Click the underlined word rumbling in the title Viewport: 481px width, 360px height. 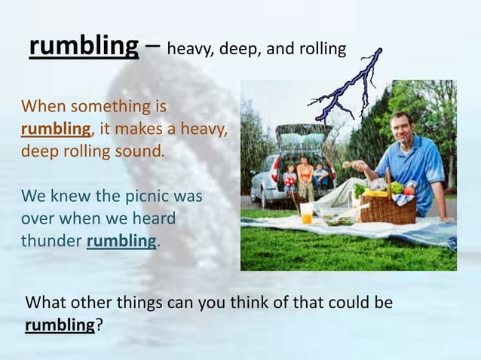[x=84, y=47]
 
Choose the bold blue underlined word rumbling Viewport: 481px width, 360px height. [x=122, y=242]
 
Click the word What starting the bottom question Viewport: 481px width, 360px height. [x=47, y=304]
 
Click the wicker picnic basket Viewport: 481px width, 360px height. [x=388, y=207]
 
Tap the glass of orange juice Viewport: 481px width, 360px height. [x=306, y=213]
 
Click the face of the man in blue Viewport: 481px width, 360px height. [x=402, y=128]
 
